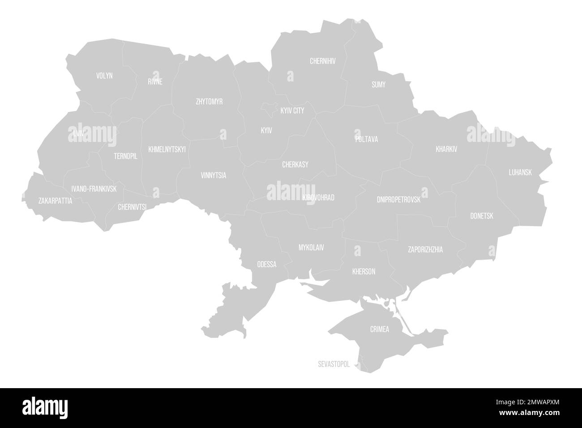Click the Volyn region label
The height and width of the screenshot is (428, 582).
point(104,76)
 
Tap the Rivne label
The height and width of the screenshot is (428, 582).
point(155,81)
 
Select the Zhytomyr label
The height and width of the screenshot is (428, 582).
point(209,102)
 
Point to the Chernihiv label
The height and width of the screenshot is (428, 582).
point(323,61)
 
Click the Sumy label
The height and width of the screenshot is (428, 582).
point(378,84)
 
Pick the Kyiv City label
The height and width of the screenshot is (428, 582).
point(292,110)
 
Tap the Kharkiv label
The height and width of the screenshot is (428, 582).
point(446,149)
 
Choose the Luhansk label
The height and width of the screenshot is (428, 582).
point(520,172)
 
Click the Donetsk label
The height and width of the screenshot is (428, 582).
point(482,216)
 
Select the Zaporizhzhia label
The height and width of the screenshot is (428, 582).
point(425,249)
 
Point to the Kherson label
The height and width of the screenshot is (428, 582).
point(364,271)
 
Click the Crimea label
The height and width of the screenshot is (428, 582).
point(380,330)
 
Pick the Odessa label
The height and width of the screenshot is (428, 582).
point(267,264)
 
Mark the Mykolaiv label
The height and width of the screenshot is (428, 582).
point(311,247)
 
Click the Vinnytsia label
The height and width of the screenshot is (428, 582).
point(214,175)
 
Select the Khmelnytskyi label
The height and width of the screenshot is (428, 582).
point(167,149)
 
